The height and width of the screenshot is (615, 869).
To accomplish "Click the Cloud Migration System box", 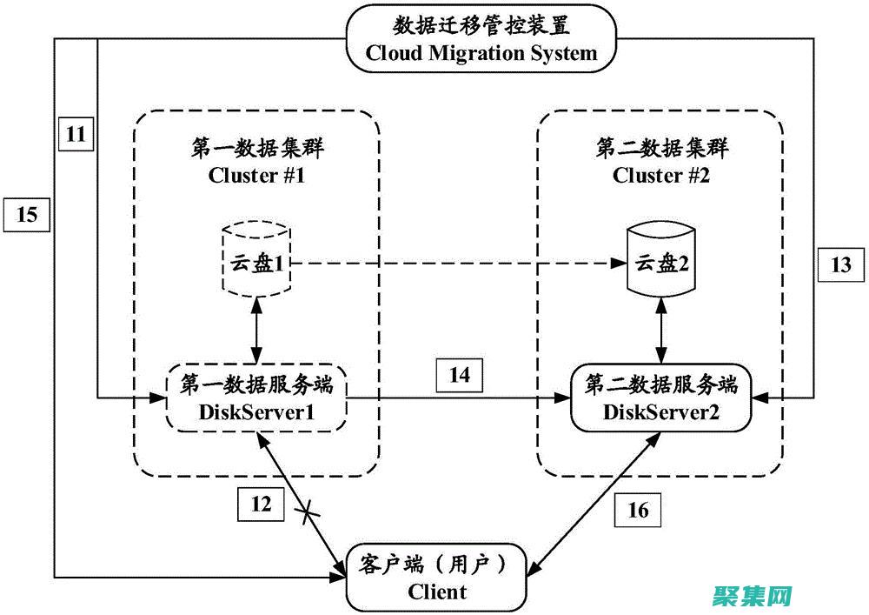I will (481, 39).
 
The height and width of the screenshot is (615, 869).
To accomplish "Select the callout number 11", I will (76, 134).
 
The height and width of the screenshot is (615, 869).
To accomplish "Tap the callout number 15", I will (27, 213).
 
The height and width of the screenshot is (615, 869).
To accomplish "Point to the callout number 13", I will (841, 265).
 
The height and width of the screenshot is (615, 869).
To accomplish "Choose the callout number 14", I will (459, 375).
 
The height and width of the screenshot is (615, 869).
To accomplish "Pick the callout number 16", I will (638, 510).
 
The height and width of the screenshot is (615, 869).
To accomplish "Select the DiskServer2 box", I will (661, 398).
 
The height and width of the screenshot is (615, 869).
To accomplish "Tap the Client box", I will (437, 578).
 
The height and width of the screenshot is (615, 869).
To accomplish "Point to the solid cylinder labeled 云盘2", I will (662, 260).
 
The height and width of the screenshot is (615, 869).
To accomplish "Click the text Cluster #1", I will (256, 176).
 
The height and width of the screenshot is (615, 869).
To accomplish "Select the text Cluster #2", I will (660, 176).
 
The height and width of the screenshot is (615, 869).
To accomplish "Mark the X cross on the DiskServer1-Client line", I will (307, 514).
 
